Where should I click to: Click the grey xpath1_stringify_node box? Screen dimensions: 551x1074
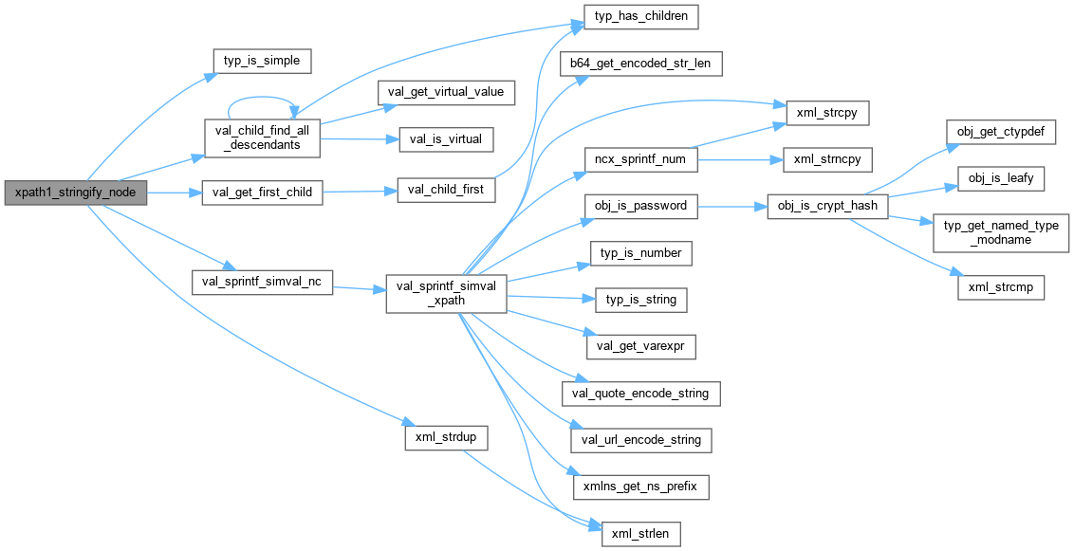coord(76,193)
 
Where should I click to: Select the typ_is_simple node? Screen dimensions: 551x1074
coord(261,61)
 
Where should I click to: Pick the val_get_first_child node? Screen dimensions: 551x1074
coord(263,193)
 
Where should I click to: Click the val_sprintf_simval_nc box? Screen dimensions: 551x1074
coord(263,283)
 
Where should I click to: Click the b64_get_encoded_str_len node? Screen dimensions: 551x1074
coord(641,64)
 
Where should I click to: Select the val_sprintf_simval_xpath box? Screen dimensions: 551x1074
coord(445,292)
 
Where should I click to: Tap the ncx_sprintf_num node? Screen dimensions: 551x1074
coord(640,159)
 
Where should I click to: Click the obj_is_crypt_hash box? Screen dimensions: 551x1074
coord(827,206)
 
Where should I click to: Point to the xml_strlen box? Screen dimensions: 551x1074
coord(641,534)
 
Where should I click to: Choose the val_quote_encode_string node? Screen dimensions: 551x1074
coord(641,393)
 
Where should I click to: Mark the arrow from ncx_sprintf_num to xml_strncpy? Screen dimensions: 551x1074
coord(738,159)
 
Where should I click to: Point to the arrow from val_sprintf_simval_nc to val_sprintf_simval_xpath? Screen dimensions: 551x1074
coord(359,286)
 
